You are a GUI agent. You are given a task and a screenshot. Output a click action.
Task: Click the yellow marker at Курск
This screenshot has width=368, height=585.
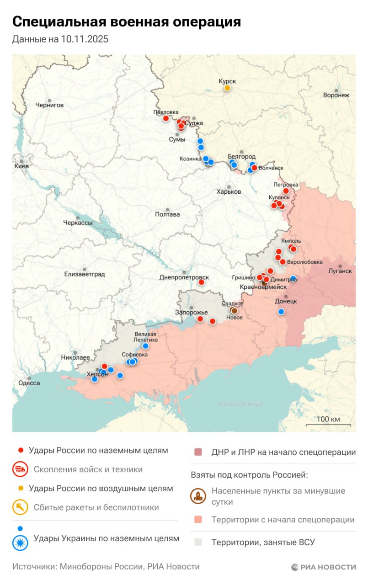(x=227, y=88)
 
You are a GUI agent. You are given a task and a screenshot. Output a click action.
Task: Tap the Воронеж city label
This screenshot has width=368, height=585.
(x=336, y=96)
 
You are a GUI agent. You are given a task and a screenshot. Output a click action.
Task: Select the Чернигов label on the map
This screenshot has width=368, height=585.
(x=49, y=105)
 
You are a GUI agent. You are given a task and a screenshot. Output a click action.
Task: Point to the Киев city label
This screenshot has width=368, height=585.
(x=21, y=166)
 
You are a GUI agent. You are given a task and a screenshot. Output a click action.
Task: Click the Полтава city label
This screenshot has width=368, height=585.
(x=167, y=214)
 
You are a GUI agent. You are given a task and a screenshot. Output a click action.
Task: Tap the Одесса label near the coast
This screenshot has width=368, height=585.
(x=29, y=383)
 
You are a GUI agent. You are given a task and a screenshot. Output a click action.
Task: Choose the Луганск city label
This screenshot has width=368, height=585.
(x=340, y=271)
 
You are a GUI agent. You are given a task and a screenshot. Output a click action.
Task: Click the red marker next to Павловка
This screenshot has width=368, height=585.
(x=166, y=118)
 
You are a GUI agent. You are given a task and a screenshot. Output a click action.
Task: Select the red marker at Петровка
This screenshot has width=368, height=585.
(x=286, y=191)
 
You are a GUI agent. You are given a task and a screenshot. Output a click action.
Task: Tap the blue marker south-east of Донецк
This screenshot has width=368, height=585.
(x=281, y=312)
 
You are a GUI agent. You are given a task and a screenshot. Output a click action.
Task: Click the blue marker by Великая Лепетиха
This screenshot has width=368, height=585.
(x=145, y=346)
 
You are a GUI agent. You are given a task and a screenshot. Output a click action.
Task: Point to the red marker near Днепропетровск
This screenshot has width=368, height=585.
(x=201, y=282)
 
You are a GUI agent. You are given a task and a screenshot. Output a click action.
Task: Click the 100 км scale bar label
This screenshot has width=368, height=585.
(x=328, y=419)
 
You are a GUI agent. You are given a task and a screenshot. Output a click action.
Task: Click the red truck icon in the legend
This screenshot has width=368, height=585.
(x=21, y=469)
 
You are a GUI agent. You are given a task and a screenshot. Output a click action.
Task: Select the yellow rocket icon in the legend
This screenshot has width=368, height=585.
(x=21, y=507)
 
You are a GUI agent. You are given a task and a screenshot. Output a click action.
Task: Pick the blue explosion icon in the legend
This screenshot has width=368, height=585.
(x=21, y=542)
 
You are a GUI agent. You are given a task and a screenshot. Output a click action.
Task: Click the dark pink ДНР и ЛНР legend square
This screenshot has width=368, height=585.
(x=198, y=452)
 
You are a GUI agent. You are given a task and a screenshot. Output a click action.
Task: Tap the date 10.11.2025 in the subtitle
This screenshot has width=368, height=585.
(x=84, y=39)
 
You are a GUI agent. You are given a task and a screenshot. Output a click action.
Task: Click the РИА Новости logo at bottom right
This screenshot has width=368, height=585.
(x=323, y=567)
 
